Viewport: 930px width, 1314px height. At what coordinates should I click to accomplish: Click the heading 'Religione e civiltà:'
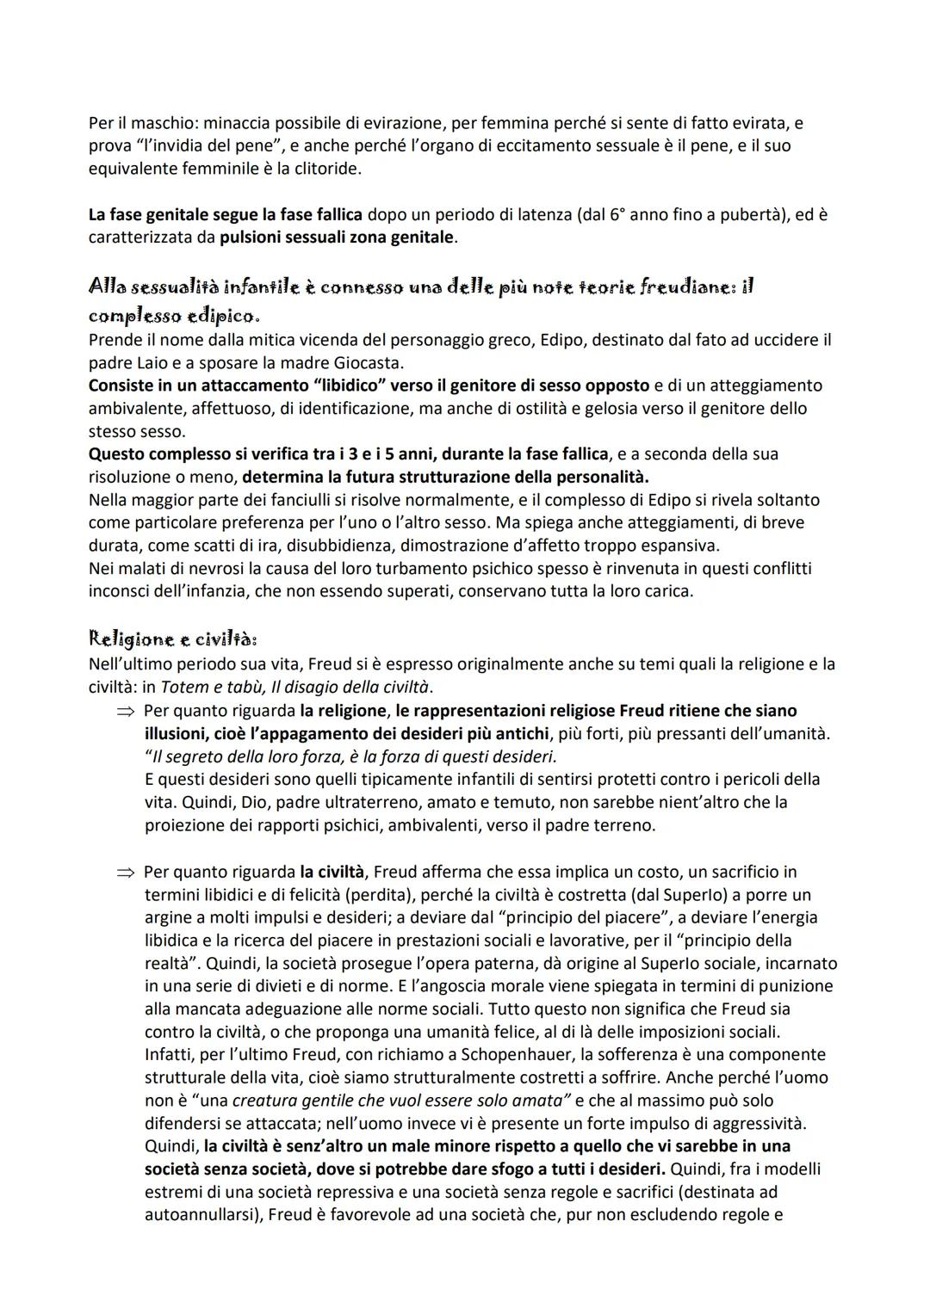173,639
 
